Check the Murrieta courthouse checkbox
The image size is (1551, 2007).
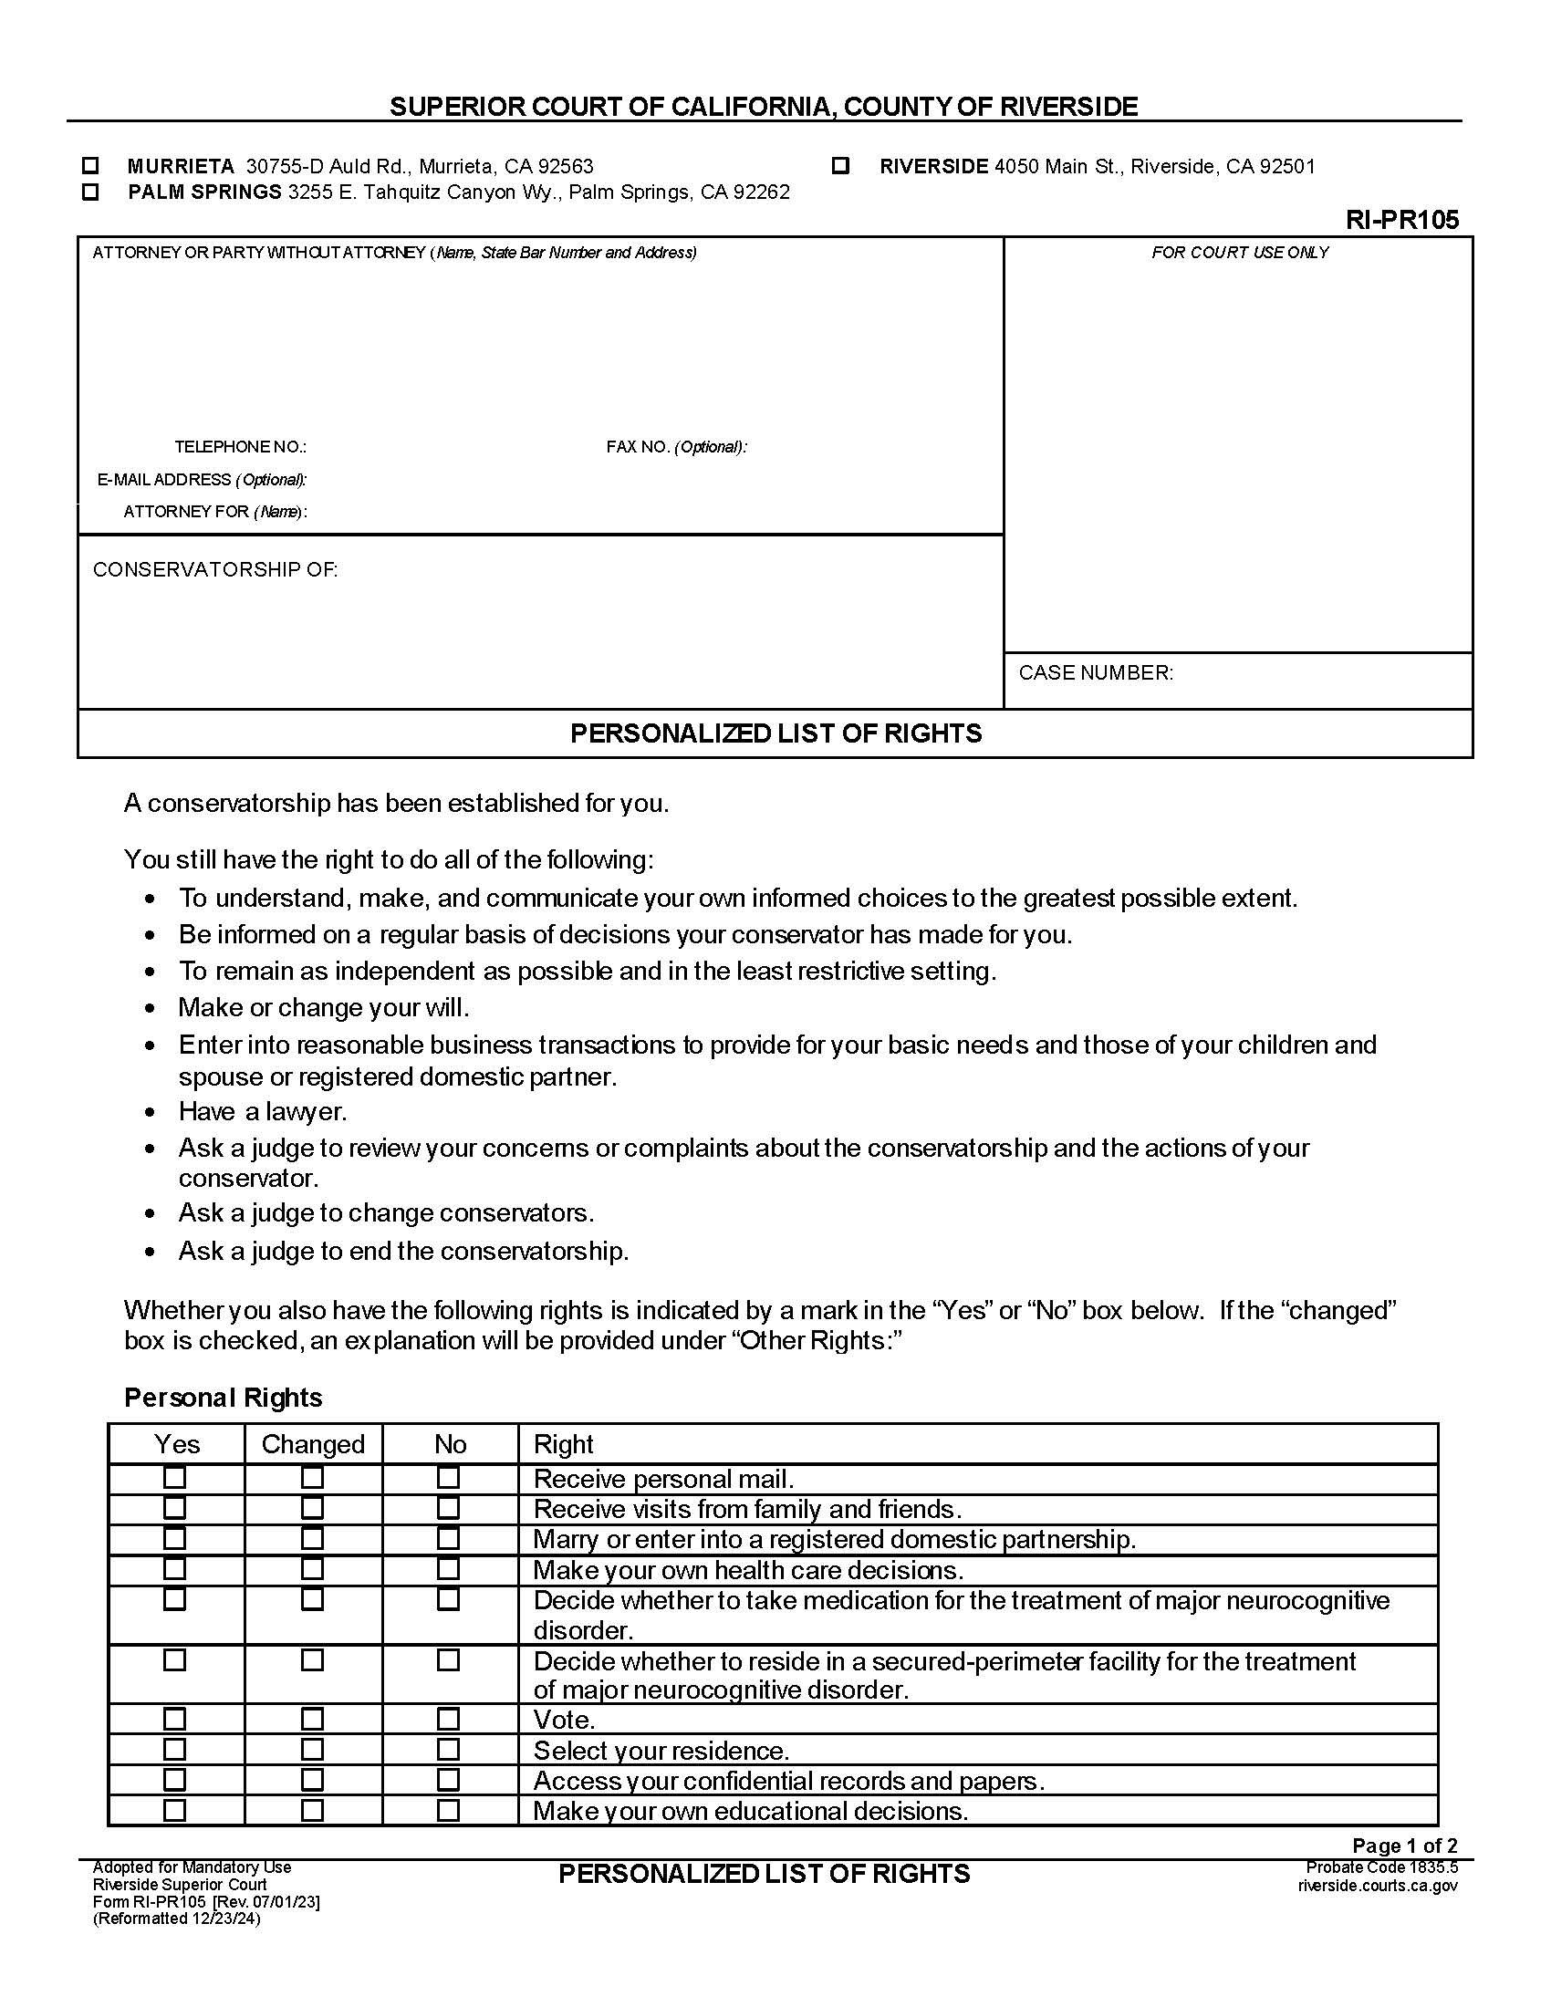(x=90, y=166)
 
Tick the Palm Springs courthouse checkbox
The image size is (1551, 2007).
(x=90, y=192)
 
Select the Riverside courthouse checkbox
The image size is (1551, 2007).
(x=839, y=166)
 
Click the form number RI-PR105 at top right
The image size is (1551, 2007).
(x=1401, y=220)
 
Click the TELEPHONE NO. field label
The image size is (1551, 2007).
(x=240, y=447)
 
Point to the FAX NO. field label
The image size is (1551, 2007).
(x=675, y=447)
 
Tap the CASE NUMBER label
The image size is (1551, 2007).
(x=1095, y=672)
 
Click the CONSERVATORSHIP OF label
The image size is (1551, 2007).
(x=215, y=570)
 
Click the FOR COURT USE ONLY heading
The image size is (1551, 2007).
(x=1240, y=253)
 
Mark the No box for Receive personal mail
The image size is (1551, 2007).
(x=448, y=1478)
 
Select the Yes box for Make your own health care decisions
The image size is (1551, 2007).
(x=174, y=1569)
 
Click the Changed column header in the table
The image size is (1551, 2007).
(x=312, y=1444)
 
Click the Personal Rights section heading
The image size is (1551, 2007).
(x=224, y=1398)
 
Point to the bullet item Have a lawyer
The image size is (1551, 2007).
(x=263, y=1112)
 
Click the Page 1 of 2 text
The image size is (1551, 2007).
(x=1404, y=1846)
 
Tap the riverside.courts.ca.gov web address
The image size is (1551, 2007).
(x=1378, y=1886)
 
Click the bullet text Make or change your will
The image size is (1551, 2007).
(x=324, y=1007)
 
